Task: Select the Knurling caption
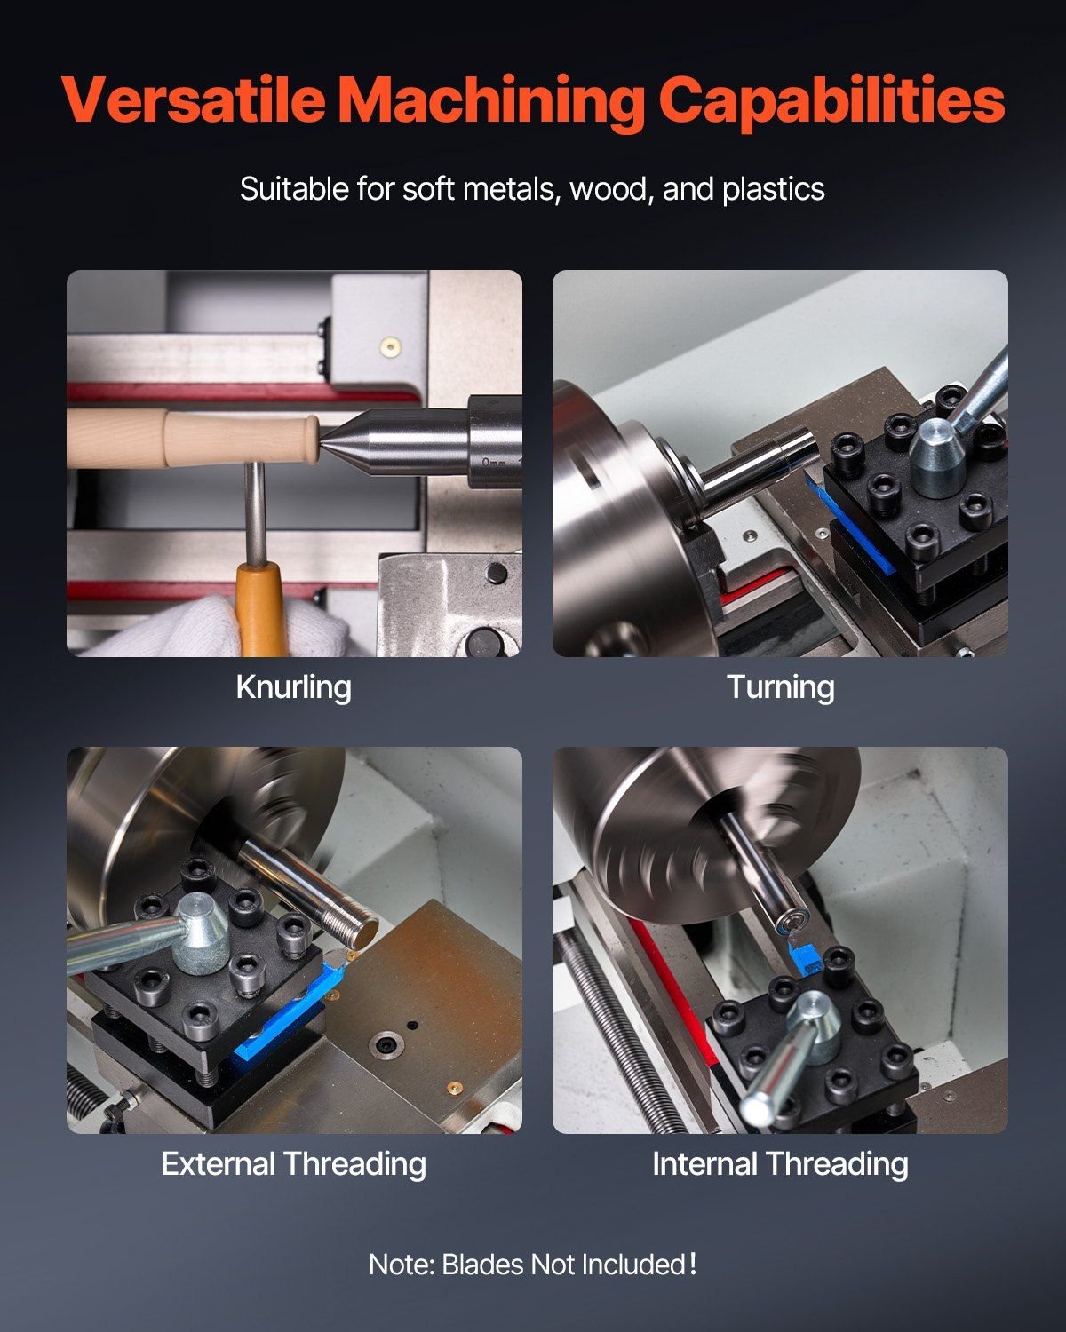pos(293,686)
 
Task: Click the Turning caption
pos(780,686)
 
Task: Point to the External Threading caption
pos(293,1163)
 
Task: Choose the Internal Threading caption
pos(780,1163)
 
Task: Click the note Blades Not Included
pos(533,1264)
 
